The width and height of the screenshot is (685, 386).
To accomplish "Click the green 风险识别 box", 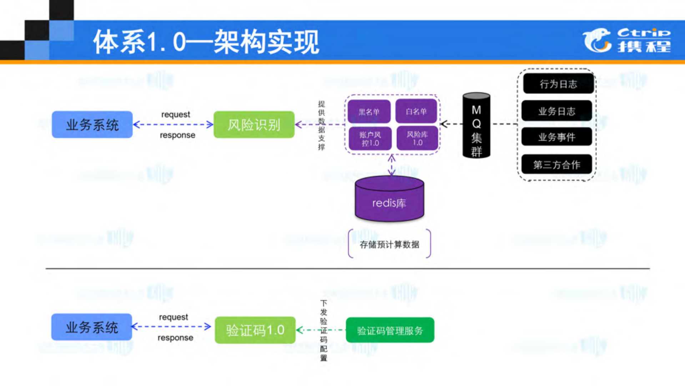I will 254,125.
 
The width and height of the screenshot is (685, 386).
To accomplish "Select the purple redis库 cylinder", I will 389,200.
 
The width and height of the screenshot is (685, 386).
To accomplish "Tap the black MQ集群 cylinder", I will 476,126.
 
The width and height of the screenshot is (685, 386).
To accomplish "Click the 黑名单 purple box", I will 369,112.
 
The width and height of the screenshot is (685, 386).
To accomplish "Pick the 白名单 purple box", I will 416,112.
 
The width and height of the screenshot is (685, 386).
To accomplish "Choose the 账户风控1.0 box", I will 370,139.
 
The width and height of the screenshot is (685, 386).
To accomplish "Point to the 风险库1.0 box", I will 417,138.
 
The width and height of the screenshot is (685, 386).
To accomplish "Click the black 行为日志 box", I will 558,84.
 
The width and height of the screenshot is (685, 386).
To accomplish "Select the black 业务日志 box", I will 556,111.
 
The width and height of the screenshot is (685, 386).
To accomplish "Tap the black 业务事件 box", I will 556,137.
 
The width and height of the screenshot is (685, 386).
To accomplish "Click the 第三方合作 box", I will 556,164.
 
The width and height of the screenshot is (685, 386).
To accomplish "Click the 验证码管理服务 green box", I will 390,330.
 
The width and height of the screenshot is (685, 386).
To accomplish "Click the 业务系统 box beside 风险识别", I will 92,125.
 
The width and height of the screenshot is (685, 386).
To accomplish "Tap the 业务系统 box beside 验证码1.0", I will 92,327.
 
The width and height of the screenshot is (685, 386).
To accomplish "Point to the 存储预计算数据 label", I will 389,244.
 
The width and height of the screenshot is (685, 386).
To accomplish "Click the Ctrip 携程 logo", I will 626,40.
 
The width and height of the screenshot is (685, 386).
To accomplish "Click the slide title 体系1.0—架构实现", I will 206,42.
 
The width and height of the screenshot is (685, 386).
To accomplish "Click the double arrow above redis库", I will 392,165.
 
